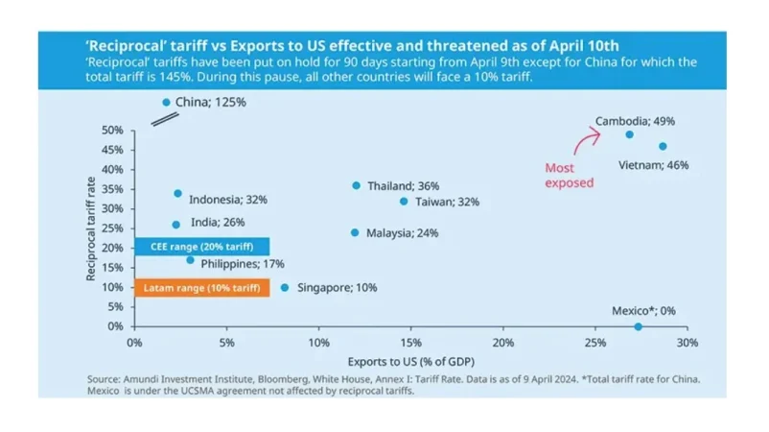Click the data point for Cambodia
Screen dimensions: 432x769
[x=629, y=134]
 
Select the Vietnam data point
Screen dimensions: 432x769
[x=663, y=147]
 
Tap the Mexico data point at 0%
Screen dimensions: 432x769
[x=639, y=326]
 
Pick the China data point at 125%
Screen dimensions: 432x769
[x=166, y=102]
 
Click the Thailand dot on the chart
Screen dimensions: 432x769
[x=357, y=185]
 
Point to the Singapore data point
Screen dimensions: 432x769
[x=285, y=287]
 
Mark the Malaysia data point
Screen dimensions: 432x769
[x=355, y=232]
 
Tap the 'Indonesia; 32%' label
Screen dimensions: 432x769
[x=227, y=200]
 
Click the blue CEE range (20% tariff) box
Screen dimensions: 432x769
[x=202, y=247]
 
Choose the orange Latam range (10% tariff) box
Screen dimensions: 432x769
[x=202, y=287]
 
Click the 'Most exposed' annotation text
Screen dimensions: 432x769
[x=569, y=175]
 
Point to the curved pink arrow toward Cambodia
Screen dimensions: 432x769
[x=583, y=142]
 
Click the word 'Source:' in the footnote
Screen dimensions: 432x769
[x=105, y=380]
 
